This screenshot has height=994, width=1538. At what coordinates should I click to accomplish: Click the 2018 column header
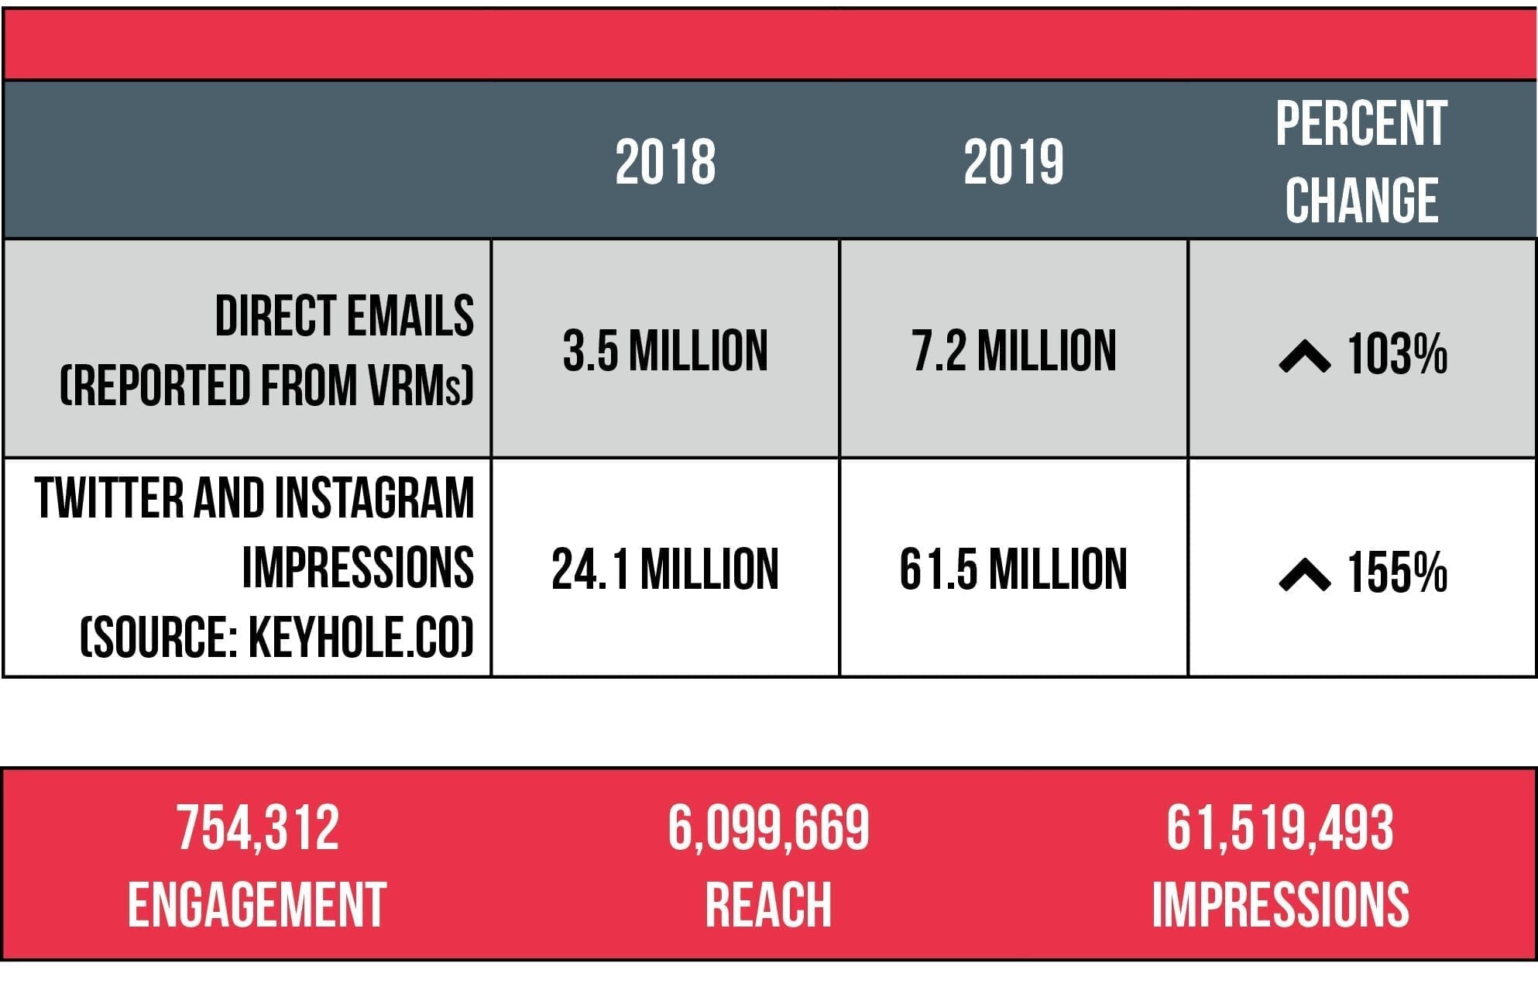pos(665,163)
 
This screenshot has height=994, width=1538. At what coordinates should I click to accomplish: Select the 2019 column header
pos(1013,163)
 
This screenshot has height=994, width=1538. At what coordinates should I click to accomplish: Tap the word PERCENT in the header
pos(1361,124)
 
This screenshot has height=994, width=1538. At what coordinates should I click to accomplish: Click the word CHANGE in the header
pos(1361,200)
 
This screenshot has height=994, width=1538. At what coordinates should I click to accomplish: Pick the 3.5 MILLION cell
pos(665,351)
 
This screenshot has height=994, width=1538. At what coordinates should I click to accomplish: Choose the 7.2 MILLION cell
pos(1014,351)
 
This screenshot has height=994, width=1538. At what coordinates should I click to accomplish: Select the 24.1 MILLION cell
pos(665,569)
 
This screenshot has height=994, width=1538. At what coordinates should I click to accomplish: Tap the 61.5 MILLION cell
pos(1013,569)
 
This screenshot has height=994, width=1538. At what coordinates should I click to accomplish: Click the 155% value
pos(1397,573)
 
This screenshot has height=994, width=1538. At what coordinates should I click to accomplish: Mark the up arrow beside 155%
pos(1305,576)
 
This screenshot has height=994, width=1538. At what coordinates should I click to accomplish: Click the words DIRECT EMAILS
pos(344,316)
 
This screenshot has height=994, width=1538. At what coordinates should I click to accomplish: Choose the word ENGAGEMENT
pos(257,905)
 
